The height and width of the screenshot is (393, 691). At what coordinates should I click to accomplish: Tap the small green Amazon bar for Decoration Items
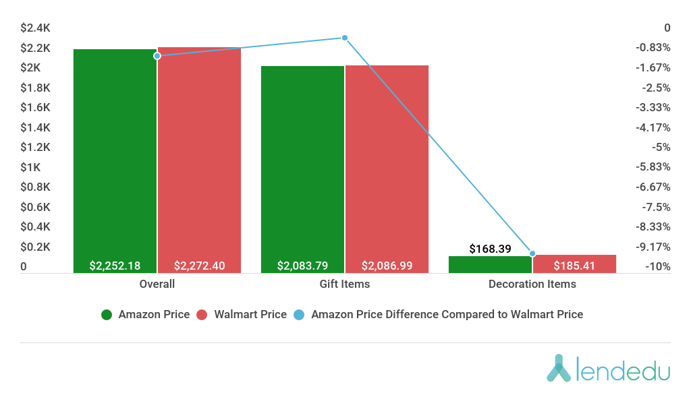(x=490, y=264)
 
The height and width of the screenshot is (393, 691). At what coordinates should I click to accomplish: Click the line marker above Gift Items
(x=344, y=38)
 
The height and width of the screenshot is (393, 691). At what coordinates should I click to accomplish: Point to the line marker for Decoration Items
(x=532, y=253)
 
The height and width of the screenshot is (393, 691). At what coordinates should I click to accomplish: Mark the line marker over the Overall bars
(x=157, y=55)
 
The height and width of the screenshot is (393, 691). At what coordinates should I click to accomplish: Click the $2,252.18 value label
(x=115, y=266)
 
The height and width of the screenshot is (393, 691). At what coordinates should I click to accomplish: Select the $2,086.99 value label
(x=387, y=266)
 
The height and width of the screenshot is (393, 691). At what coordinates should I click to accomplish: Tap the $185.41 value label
(x=574, y=266)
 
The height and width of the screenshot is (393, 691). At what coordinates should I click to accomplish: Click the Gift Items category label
(x=344, y=284)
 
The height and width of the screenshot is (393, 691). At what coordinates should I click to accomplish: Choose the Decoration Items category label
(x=532, y=284)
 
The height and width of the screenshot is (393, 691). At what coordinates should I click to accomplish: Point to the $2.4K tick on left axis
(x=36, y=28)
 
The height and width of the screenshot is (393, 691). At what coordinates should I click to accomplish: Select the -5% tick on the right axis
(x=662, y=147)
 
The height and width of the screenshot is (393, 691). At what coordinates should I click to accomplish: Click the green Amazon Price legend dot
(x=107, y=314)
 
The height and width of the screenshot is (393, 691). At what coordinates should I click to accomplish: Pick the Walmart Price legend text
(x=250, y=314)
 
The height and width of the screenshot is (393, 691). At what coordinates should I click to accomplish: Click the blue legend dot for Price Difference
(x=300, y=314)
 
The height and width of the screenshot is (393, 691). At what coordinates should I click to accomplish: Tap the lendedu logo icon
(x=559, y=368)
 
